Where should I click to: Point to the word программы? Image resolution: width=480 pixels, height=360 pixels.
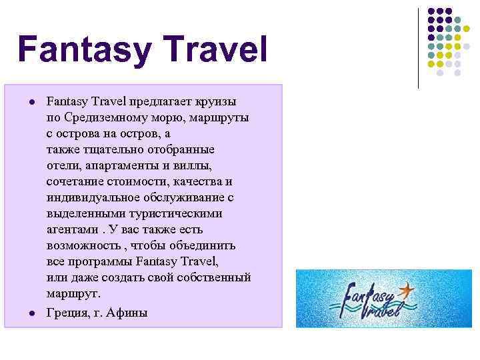tap(99, 262)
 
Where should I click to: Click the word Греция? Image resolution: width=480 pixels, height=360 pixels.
tap(66, 313)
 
